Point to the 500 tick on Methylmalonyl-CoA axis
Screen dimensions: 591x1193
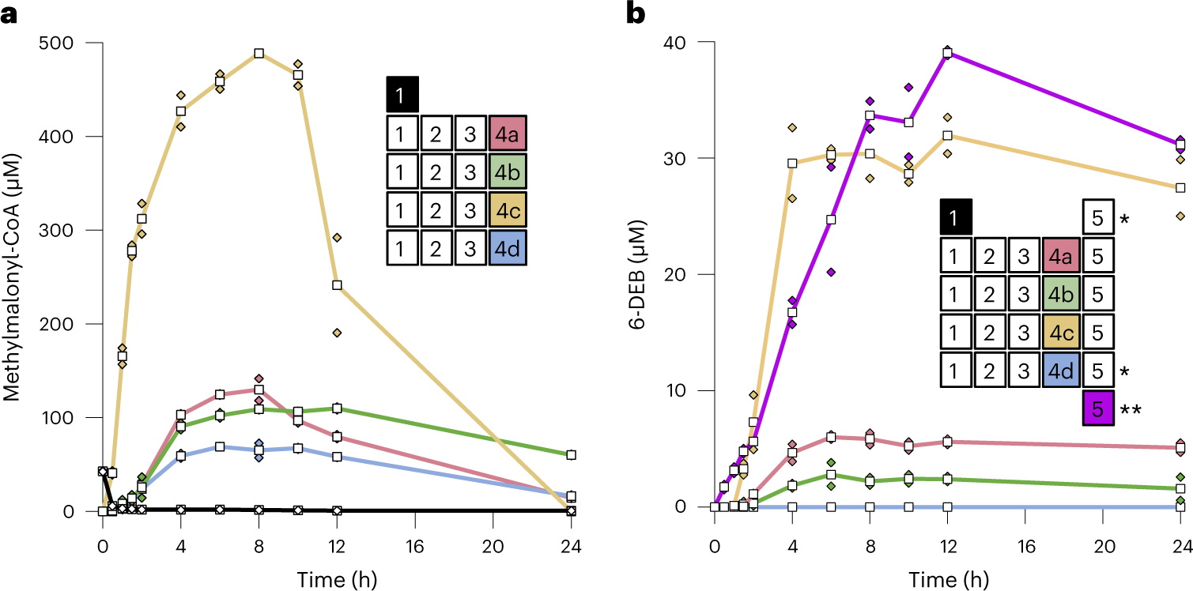64,43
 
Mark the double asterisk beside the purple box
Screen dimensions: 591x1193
1131,409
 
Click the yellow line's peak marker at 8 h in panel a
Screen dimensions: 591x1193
259,54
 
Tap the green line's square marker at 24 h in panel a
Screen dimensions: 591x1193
571,455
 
